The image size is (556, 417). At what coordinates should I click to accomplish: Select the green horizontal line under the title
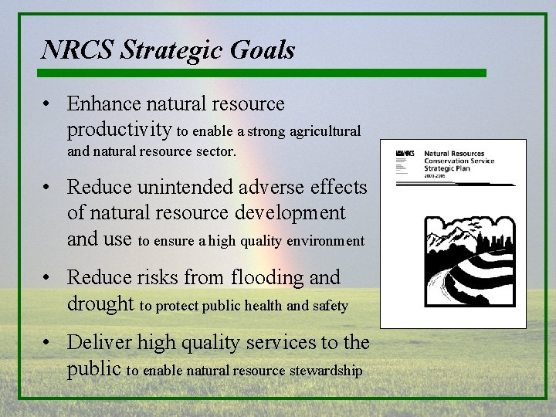coord(263,73)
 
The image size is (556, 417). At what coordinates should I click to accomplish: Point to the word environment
coord(325,241)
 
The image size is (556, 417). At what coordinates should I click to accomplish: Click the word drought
coord(100,303)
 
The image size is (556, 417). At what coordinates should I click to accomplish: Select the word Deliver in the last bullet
coord(96,342)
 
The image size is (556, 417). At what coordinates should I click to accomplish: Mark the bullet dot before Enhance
coord(48,104)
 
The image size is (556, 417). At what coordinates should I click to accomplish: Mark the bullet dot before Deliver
coord(48,343)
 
